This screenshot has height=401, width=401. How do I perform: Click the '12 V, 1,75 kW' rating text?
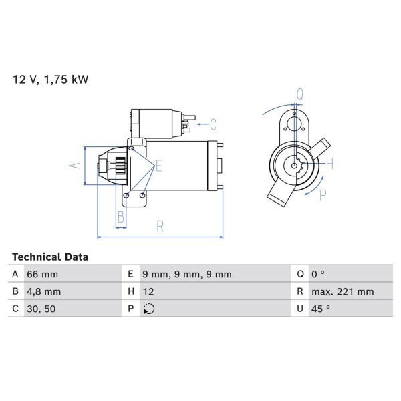click(51, 80)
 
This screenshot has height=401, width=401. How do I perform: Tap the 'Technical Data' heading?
click(50, 257)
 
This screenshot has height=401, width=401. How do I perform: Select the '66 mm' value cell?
click(42, 274)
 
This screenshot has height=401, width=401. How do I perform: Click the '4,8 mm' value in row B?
click(43, 291)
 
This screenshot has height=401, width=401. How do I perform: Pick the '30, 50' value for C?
click(41, 309)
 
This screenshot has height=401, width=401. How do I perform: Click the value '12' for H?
click(148, 291)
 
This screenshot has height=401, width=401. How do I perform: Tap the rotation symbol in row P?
click(148, 309)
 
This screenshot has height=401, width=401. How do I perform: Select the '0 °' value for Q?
click(319, 274)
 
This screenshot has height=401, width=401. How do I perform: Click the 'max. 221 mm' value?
click(343, 291)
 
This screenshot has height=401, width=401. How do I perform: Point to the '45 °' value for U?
click(321, 309)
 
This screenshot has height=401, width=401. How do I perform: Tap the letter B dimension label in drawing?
click(121, 217)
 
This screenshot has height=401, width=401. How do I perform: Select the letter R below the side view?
click(160, 226)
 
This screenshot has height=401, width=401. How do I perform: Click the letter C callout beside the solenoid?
click(213, 123)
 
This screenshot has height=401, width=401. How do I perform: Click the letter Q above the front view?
click(300, 94)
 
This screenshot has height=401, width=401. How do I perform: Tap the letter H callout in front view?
click(329, 163)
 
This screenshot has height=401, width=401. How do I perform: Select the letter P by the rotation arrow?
click(323, 195)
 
